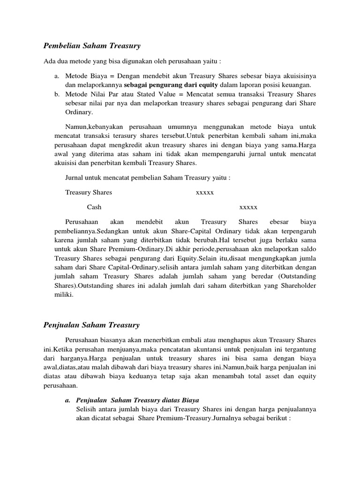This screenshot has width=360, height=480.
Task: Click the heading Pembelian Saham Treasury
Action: (x=92, y=45)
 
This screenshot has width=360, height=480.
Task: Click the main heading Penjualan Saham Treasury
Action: (x=91, y=324)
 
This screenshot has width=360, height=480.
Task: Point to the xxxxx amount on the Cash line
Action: (x=248, y=207)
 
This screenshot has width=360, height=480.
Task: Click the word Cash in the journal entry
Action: (x=94, y=207)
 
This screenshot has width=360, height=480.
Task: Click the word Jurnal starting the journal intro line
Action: (x=74, y=178)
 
